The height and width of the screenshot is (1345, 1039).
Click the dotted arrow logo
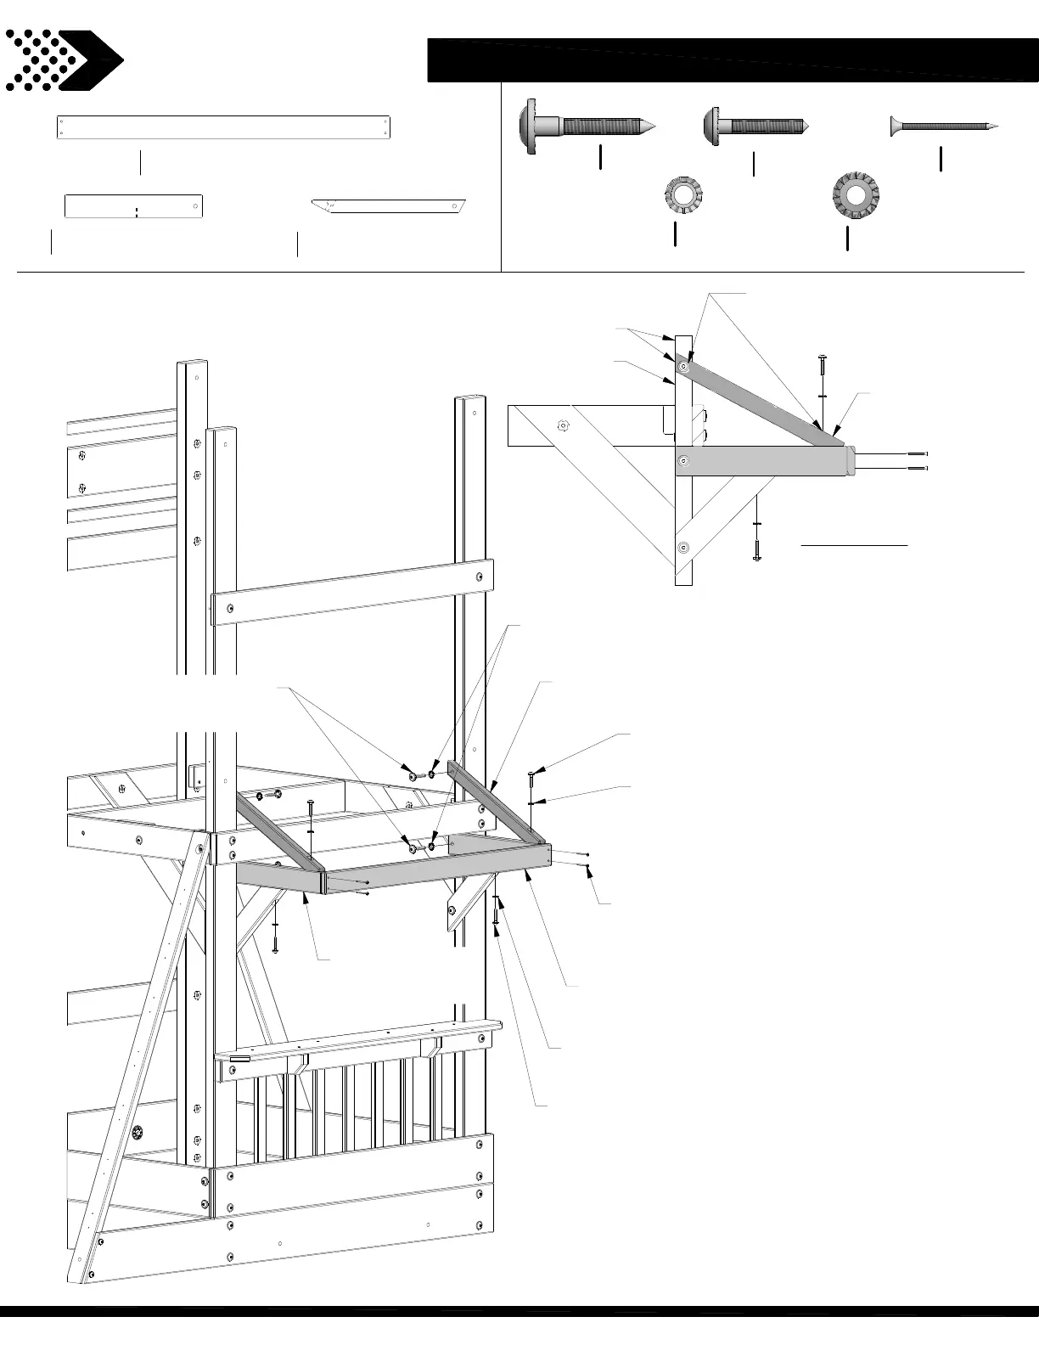point(64,60)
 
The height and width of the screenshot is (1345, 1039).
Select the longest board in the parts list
point(222,127)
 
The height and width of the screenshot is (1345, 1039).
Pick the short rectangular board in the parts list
point(133,206)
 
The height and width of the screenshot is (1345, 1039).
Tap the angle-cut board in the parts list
point(390,206)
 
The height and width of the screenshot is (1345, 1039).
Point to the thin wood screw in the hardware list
point(942,127)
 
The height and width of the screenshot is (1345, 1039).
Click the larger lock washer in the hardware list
point(855,193)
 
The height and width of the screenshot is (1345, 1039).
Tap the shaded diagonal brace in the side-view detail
point(764,399)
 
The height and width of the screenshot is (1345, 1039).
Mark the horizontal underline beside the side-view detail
point(854,543)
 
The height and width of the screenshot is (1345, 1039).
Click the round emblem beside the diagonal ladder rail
point(138,1132)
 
